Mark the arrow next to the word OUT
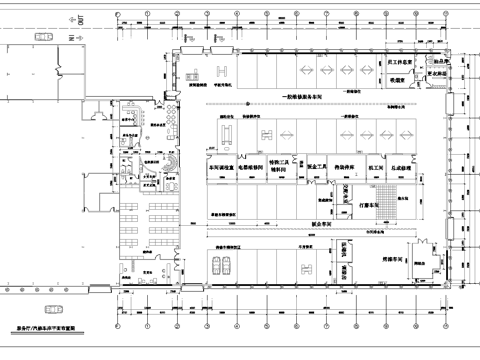(x=70, y=19)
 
